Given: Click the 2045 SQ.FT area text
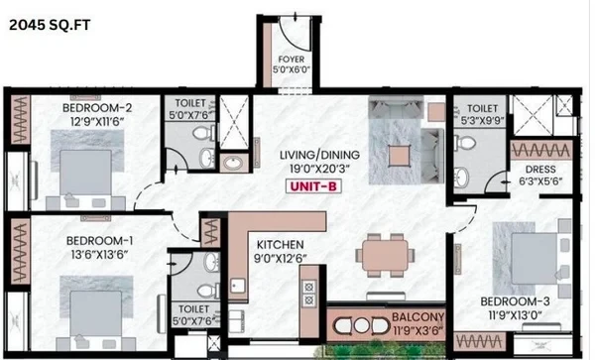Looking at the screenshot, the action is [x=50, y=25].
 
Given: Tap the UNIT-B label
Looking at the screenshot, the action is [x=313, y=186].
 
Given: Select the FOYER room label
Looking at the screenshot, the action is [x=291, y=60].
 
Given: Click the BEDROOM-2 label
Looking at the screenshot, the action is [x=97, y=108].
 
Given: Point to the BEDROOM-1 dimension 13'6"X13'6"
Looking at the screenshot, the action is [x=99, y=254].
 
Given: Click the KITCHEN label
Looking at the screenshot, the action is [x=280, y=245].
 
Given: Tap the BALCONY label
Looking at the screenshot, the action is [x=418, y=316].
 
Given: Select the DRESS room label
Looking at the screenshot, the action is [x=540, y=170].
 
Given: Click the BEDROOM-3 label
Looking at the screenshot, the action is [x=515, y=301].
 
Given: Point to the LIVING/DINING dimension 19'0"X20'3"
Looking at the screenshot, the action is [x=319, y=169].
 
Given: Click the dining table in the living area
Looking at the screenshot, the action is [x=385, y=255].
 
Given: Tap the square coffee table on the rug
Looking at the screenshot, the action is [x=400, y=156].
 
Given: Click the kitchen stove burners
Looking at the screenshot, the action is [x=308, y=294].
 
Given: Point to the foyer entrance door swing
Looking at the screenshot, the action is [x=295, y=35].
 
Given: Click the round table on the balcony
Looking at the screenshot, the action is [x=361, y=325].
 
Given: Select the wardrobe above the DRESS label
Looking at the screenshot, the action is [x=541, y=151].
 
